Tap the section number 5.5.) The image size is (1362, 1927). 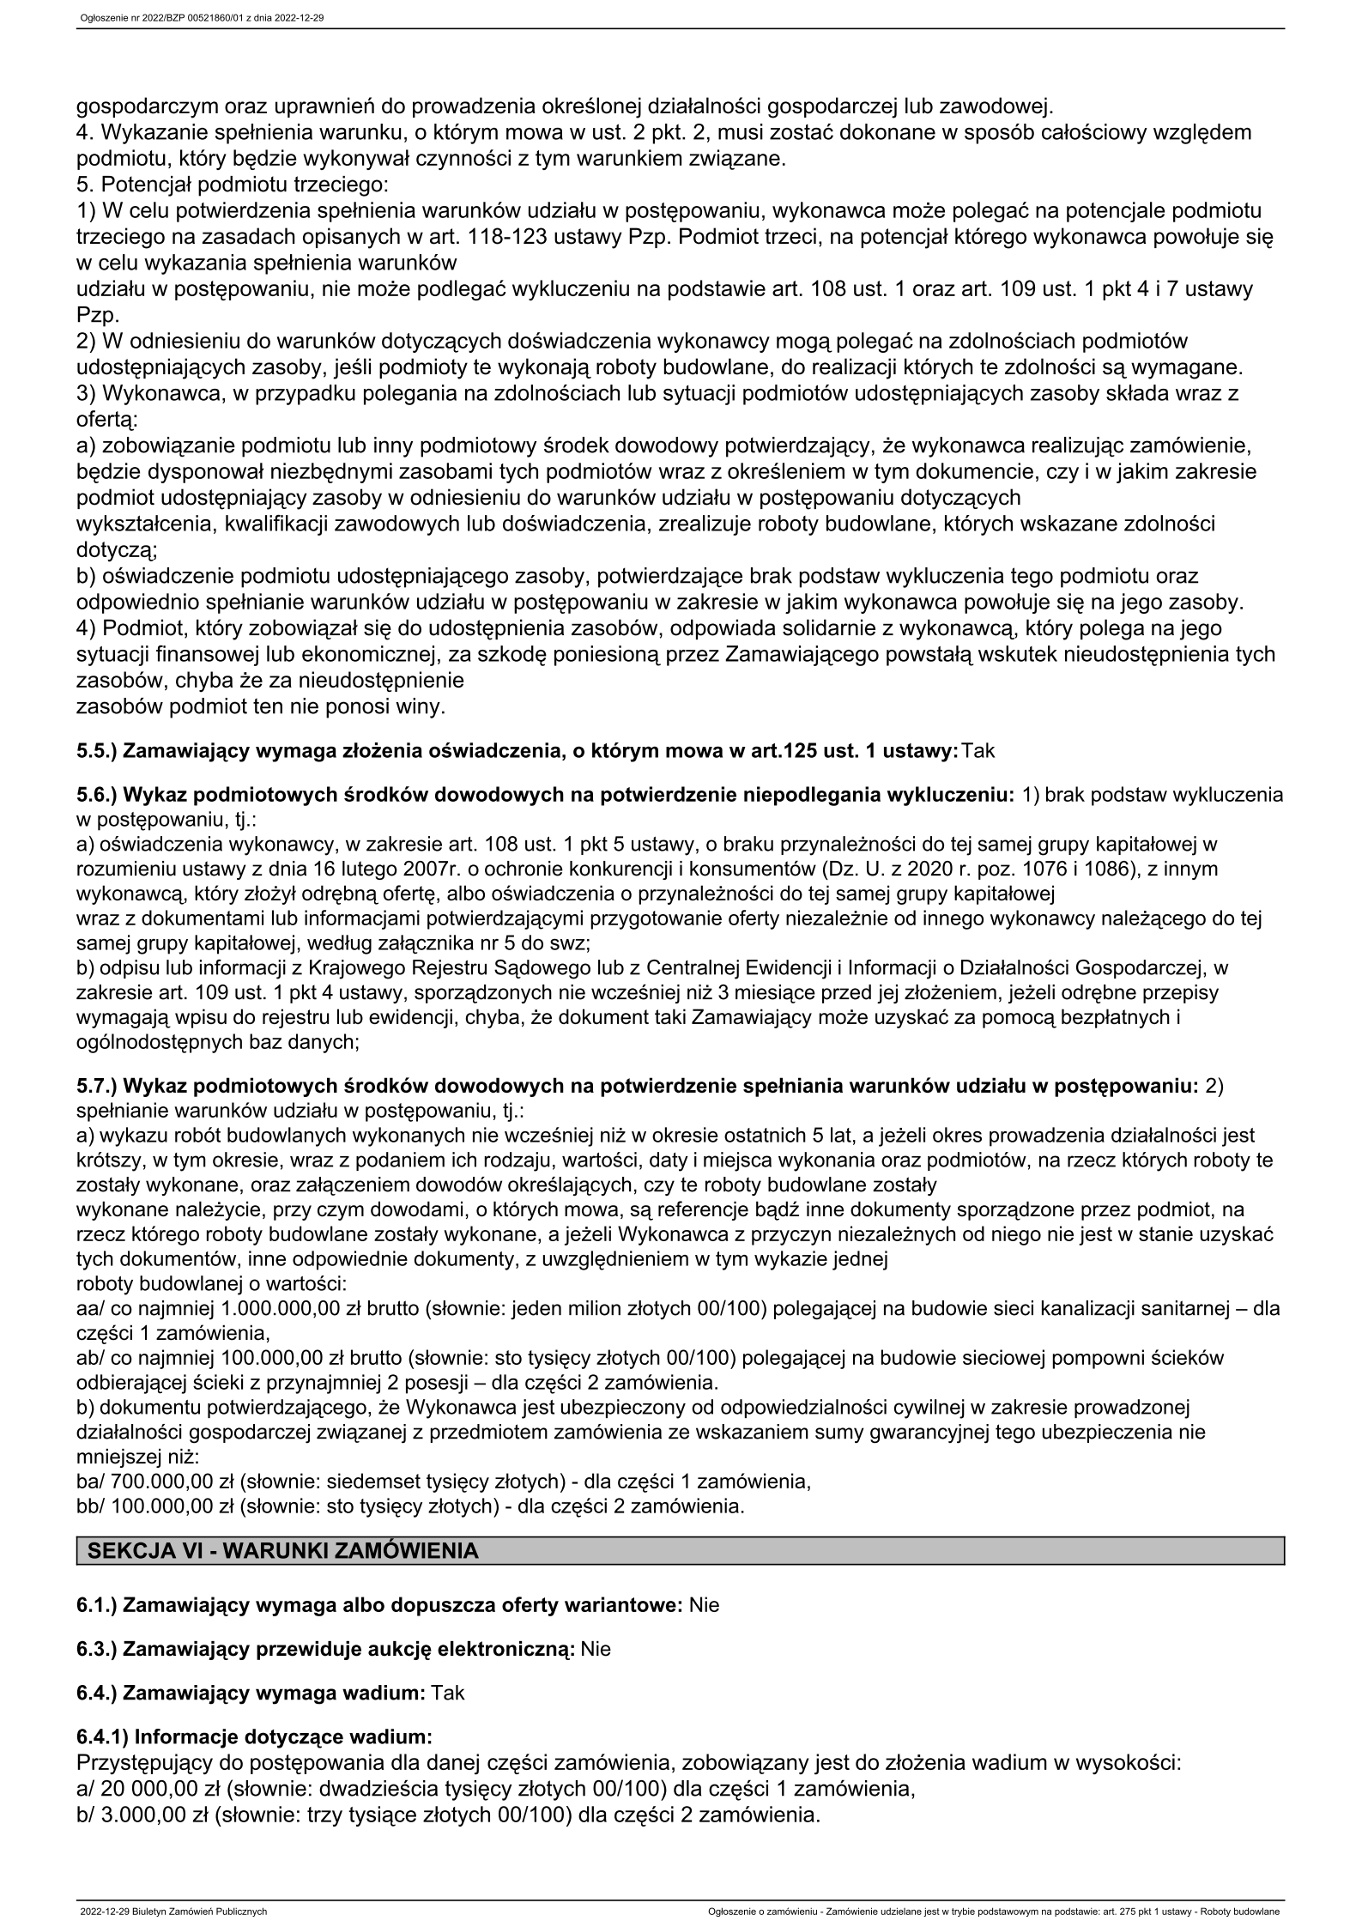click(x=97, y=751)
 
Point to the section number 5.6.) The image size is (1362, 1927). click(x=97, y=795)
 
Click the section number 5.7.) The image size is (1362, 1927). click(x=97, y=1087)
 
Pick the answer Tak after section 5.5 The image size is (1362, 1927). click(x=978, y=751)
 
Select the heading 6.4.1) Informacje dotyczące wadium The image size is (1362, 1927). click(x=254, y=1737)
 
